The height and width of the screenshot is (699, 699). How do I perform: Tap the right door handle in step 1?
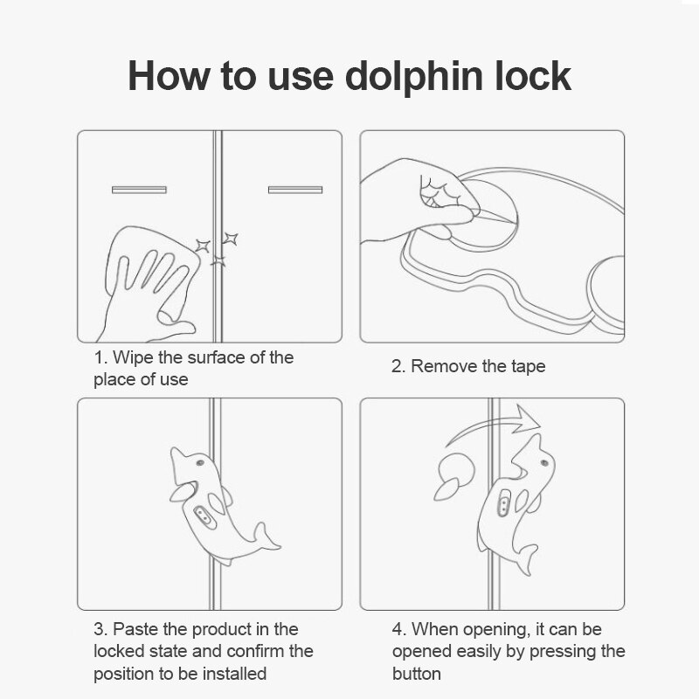(x=294, y=189)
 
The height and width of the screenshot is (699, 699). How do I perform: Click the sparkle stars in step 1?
(x=218, y=247)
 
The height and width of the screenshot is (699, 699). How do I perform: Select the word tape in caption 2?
(x=527, y=366)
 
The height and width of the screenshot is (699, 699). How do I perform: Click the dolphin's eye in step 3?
(x=201, y=462)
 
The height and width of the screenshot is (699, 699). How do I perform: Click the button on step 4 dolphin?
(x=504, y=506)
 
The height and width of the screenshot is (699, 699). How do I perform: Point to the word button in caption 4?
(x=417, y=674)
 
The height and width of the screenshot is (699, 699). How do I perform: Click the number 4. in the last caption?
(x=398, y=629)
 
